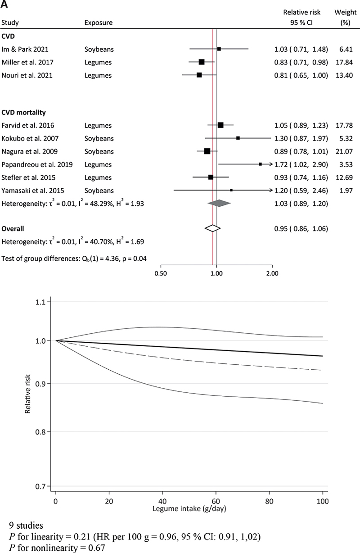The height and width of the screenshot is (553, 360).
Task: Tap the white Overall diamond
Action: click(x=212, y=228)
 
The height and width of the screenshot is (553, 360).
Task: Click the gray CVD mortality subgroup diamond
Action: click(x=219, y=204)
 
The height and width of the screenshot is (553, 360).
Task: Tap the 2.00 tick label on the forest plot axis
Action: click(x=272, y=272)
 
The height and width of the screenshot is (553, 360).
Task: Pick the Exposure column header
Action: click(x=98, y=22)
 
